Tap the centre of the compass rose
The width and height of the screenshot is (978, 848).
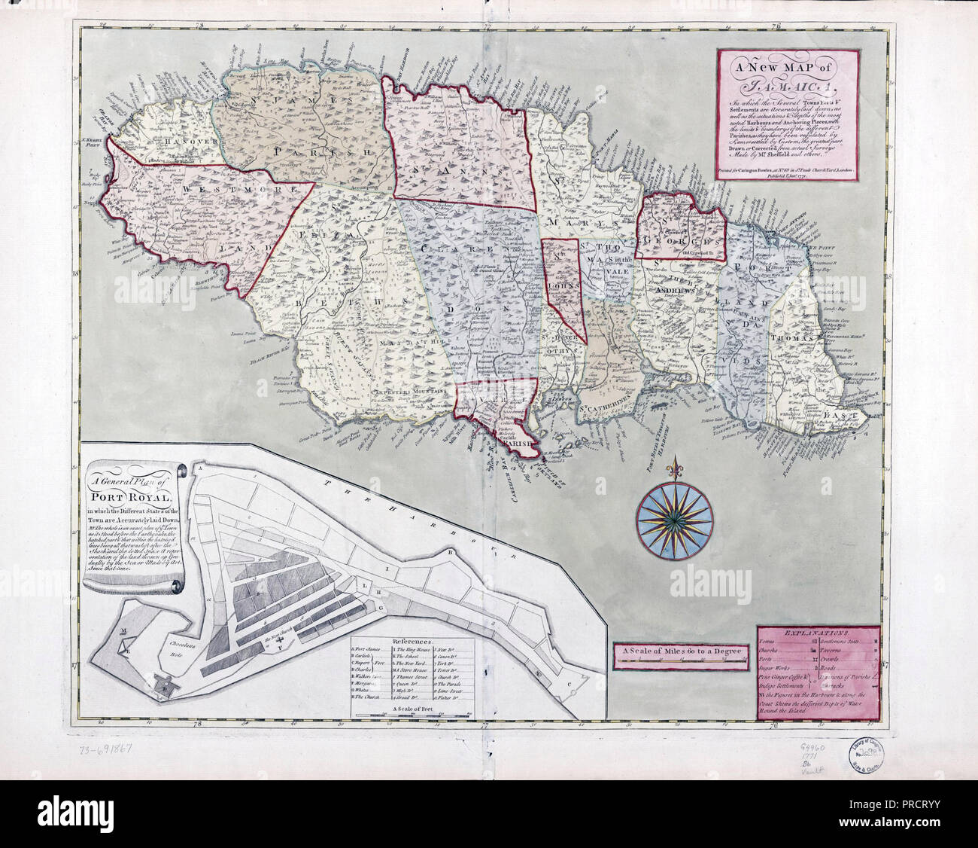[675, 514]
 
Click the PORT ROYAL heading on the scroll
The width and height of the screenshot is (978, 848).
[131, 497]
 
